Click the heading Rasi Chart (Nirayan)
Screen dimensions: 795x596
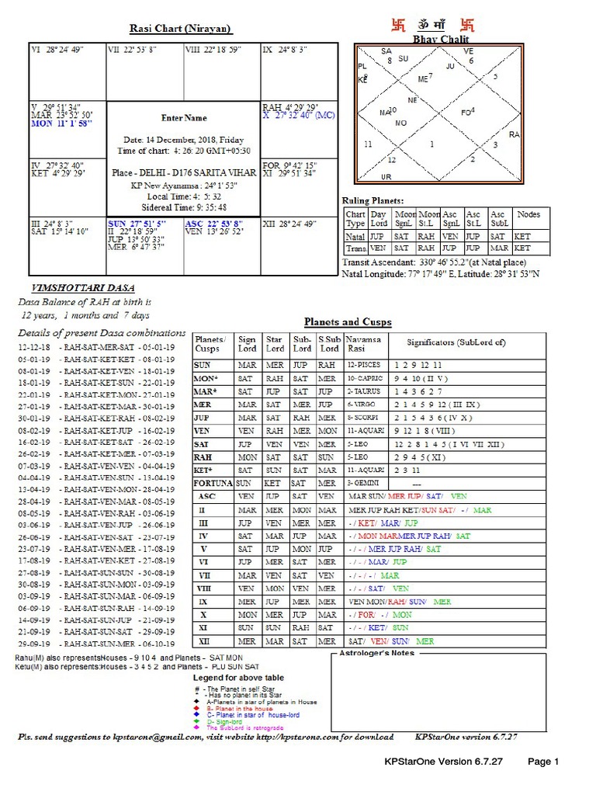[x=179, y=30]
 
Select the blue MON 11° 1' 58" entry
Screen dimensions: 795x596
[x=61, y=123]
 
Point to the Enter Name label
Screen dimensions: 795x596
[x=184, y=118]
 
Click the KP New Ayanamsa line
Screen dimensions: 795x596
[x=184, y=186]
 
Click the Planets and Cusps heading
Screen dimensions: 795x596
[x=347, y=321]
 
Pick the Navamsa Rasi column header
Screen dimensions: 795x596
[x=364, y=344]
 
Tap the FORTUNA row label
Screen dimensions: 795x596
[x=213, y=482]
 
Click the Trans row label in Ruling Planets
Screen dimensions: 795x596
[x=355, y=248]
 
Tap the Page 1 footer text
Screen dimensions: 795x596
[x=543, y=762]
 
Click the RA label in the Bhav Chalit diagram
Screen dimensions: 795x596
[x=514, y=134]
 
